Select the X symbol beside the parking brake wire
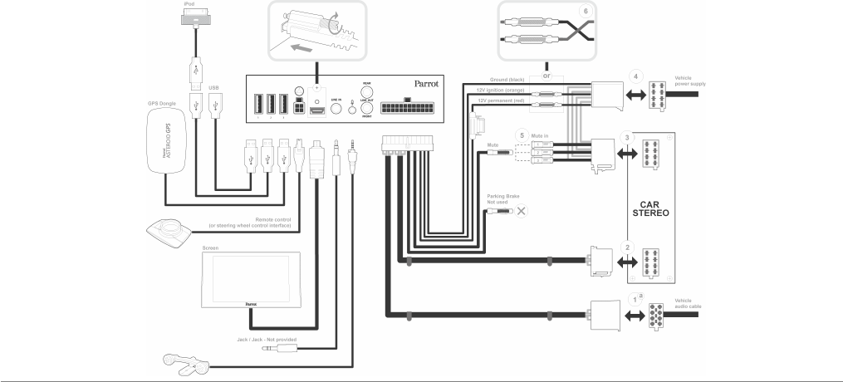click(x=522, y=211)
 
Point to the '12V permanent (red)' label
click(x=500, y=100)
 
